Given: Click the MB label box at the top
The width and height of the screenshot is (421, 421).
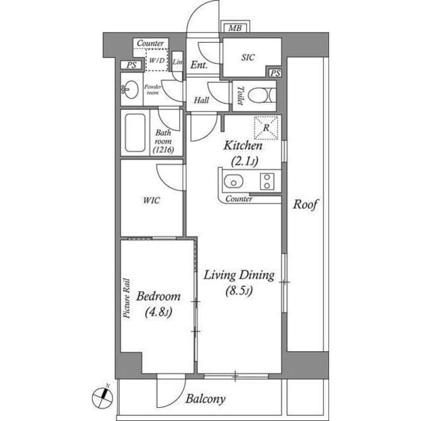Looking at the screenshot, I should coord(234,28).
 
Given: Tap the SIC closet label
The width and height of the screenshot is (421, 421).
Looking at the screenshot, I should coord(247,58).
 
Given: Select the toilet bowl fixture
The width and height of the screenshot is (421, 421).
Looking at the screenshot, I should coord(262,96).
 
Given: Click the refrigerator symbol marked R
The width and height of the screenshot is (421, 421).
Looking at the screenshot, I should coord(266,127).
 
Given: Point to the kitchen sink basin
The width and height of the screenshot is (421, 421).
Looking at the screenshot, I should coord(232,181).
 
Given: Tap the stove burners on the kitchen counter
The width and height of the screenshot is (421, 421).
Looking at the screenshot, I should coord(267,181).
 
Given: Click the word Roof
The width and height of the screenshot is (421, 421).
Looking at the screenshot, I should coord(305,204).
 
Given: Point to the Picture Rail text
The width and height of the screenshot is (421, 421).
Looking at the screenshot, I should coord(126,298).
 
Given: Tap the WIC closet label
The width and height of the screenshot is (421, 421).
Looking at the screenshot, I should coord(152,200).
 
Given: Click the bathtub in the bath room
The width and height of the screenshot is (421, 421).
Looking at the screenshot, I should coord(135,133).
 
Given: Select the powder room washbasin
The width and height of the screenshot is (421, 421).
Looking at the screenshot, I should coord(131,90).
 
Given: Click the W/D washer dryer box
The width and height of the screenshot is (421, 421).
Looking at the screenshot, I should coord(157,60).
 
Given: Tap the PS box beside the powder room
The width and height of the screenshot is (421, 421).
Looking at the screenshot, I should coord(131,65).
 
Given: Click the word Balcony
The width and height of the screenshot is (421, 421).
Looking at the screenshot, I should coord(205,399).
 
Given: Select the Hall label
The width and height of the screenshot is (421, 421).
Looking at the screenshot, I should coord(201,101).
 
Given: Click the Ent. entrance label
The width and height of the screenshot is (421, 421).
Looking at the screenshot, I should coord(199,65).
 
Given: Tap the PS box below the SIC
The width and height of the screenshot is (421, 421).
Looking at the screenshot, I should coord(275,72).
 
